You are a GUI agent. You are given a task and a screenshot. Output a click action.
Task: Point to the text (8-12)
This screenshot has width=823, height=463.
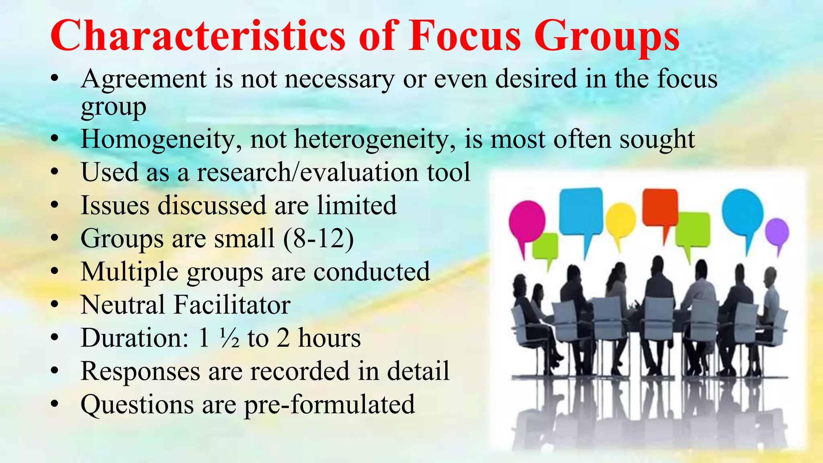tap(318, 238)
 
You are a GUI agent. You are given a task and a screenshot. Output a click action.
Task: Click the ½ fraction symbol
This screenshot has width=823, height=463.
tap(229, 338)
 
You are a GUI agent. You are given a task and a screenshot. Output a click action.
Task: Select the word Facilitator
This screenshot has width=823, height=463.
tap(232, 305)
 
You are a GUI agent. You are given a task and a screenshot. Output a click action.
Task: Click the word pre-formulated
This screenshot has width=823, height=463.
tap(329, 404)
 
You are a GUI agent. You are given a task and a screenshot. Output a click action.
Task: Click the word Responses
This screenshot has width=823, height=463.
tap(140, 371)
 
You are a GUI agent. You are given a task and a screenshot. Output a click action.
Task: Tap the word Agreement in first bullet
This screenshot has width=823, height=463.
tap(143, 79)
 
